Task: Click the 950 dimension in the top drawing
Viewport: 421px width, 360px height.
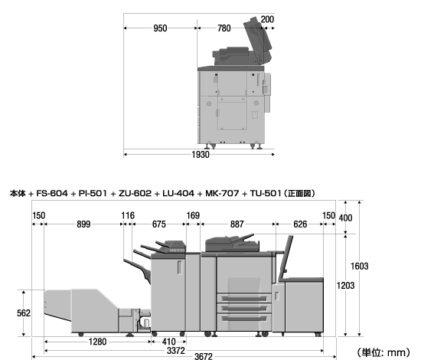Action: [160, 28]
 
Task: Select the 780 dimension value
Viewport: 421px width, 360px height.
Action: [224, 28]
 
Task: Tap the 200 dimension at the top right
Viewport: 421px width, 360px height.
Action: [267, 19]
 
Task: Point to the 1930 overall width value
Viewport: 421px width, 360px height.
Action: [201, 155]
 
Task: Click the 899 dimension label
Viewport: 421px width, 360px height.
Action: [83, 224]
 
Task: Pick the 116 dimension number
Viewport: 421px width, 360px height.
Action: [128, 215]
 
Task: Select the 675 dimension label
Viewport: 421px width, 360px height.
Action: [159, 224]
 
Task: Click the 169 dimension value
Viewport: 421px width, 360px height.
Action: [193, 215]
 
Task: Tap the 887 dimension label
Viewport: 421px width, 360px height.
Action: [237, 224]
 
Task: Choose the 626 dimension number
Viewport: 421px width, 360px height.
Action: [300, 224]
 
